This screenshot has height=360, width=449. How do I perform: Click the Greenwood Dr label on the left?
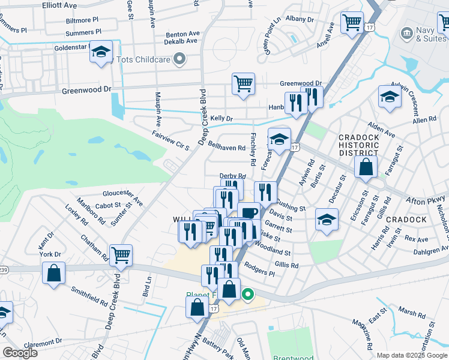87,90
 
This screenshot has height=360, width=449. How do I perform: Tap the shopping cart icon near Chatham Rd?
121,254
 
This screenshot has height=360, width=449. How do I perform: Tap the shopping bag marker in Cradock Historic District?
366,166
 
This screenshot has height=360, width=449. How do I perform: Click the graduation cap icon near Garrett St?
327,220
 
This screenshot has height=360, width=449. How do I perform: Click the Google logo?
20,353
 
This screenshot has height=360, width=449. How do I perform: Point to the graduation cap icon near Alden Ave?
389,97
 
